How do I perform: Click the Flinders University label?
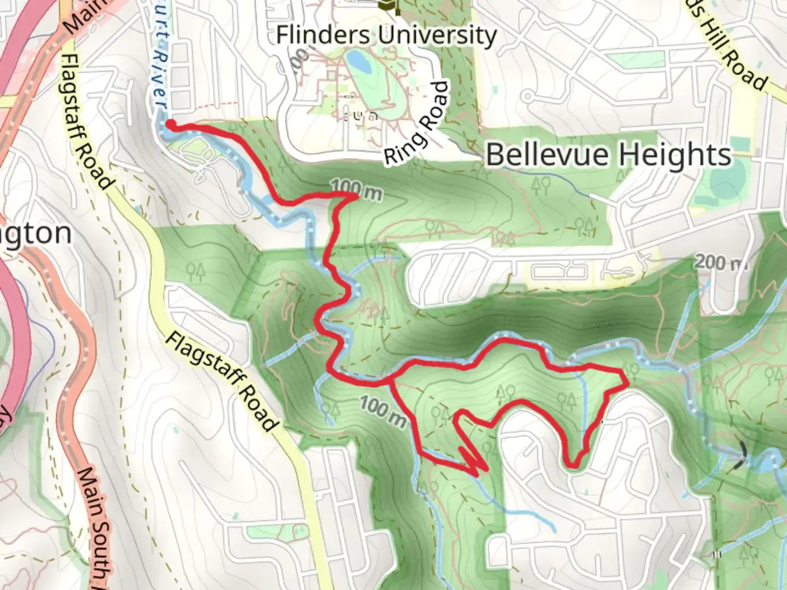coord(386,36)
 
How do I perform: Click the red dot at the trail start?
coord(170,125)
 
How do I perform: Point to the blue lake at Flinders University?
coord(359,62)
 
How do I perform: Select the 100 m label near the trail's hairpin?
coord(383,411)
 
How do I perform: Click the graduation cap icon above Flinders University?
coord(390,5)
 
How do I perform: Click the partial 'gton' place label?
coord(36,234)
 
